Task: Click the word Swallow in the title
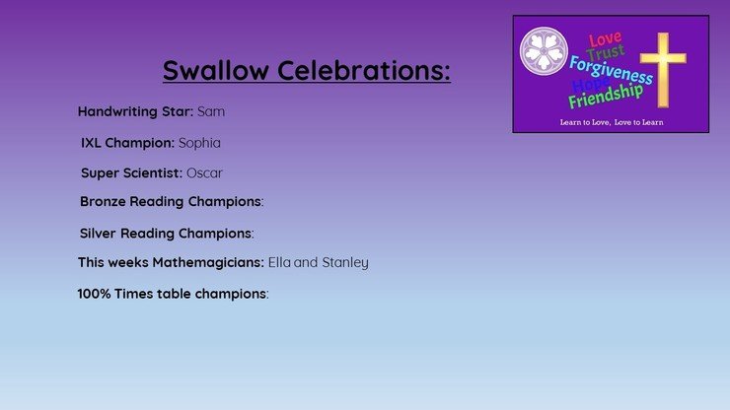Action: pos(216,70)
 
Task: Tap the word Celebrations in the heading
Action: pos(364,70)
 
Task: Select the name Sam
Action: pos(211,111)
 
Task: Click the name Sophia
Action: pos(199,143)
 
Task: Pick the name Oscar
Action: pos(204,173)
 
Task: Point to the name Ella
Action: pos(279,262)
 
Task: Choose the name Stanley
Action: pos(345,263)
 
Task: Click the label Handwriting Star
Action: pos(135,111)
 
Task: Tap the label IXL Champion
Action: pos(127,143)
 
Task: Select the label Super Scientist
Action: pos(131,173)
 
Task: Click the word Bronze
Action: pos(103,201)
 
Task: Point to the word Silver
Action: pos(98,234)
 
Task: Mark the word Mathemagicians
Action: pos(208,263)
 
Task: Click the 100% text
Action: pos(94,294)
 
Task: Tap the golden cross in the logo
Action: pos(663,69)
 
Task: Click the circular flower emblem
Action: pos(544,51)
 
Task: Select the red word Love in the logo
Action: pos(605,39)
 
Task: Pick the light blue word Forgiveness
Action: pos(611,70)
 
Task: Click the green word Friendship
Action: pos(606,97)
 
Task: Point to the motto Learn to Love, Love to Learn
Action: pos(612,122)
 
